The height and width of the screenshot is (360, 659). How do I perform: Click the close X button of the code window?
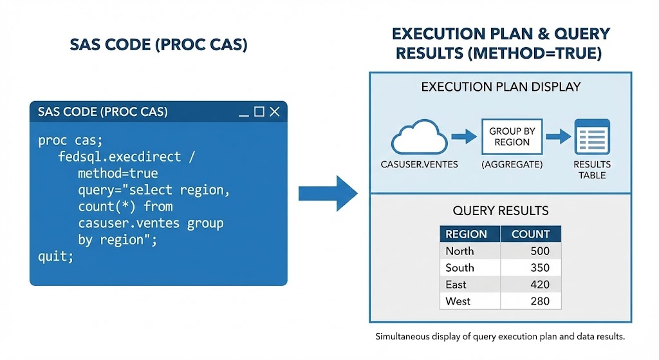coord(275,112)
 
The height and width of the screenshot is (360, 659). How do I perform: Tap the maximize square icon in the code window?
coord(259,112)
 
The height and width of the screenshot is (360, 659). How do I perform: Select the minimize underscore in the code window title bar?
coord(244,114)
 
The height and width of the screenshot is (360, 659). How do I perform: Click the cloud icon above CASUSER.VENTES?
coord(419,137)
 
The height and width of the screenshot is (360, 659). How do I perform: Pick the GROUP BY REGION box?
coord(512,137)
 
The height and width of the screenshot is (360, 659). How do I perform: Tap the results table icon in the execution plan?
coord(591,137)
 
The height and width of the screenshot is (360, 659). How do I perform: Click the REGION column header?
coord(466,234)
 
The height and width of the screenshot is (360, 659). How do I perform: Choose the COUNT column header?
coord(530,234)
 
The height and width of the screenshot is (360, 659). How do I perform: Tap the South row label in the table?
coord(459,268)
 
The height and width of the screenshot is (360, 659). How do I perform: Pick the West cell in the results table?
coord(458,301)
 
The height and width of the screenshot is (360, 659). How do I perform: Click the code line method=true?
coord(117,173)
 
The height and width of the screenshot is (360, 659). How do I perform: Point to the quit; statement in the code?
coord(56,256)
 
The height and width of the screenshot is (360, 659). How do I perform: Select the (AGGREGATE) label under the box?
coord(512,165)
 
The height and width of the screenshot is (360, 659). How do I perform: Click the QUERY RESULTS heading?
coord(501,211)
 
